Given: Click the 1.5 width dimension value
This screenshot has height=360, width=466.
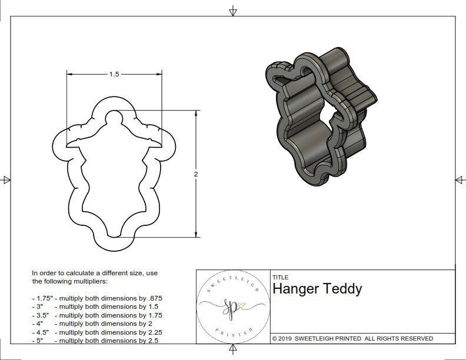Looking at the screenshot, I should [114, 75].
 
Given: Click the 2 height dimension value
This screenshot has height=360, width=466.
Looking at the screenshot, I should [196, 174].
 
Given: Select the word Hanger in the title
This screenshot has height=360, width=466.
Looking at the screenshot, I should [296, 289].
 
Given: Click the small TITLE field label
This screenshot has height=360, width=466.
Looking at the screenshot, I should [279, 278].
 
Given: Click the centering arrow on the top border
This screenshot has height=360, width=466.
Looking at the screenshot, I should [233, 11].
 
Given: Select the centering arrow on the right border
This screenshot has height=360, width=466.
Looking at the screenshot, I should [460, 179].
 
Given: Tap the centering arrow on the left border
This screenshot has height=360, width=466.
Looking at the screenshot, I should [6, 179].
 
